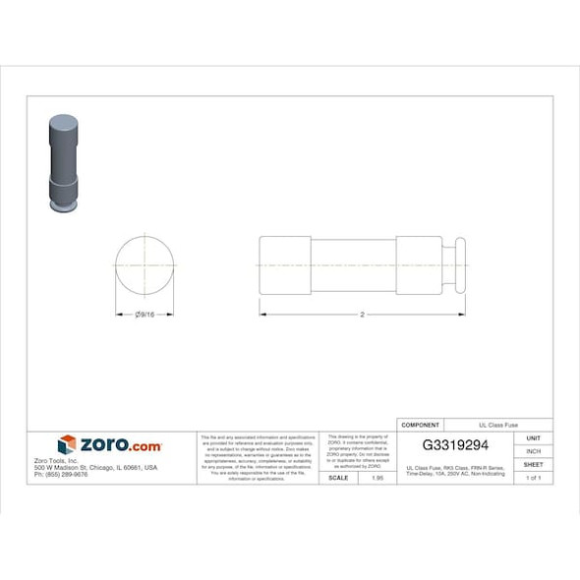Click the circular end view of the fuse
(145, 265)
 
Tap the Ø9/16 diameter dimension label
(145, 315)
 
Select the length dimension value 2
(363, 315)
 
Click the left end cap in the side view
(285, 265)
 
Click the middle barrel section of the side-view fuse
(354, 265)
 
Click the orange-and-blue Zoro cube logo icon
(67, 445)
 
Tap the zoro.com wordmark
(120, 445)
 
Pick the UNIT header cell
(534, 438)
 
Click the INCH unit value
(534, 451)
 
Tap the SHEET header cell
(534, 464)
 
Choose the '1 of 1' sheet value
(534, 477)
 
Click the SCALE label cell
(338, 477)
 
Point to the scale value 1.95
(376, 477)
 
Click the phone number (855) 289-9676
(61, 474)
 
